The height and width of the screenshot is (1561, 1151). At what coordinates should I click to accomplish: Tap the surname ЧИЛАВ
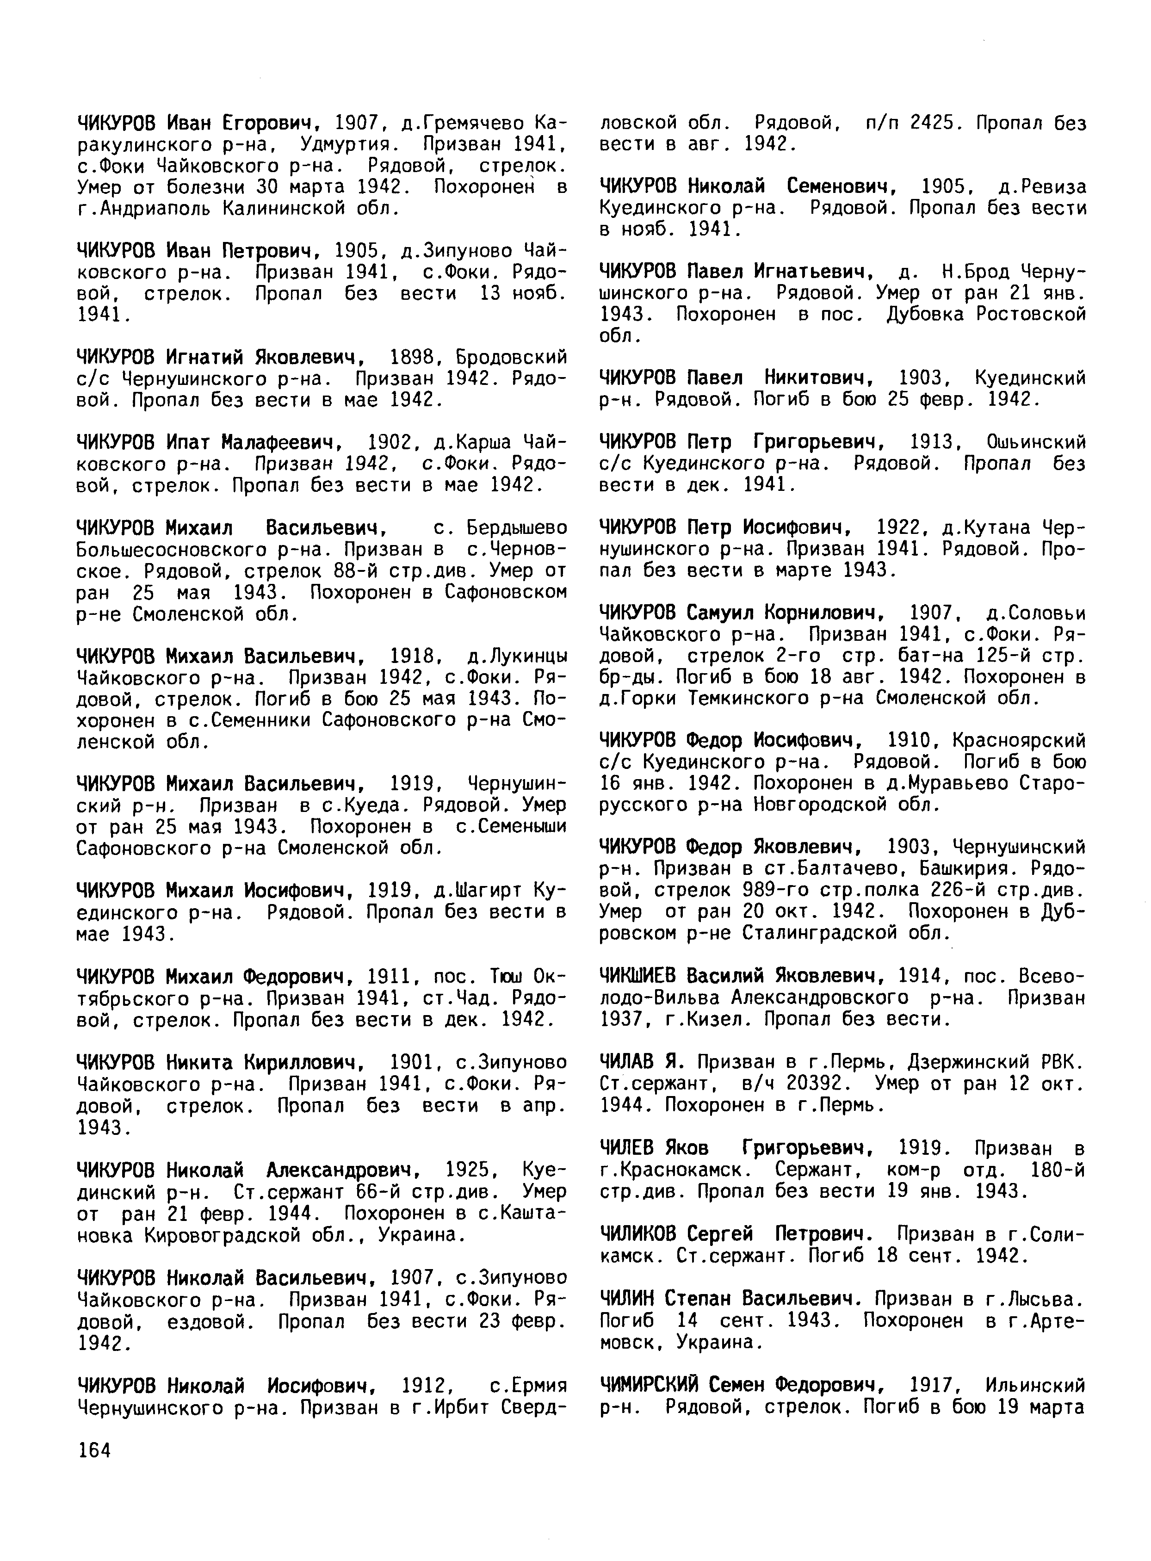[625, 1062]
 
